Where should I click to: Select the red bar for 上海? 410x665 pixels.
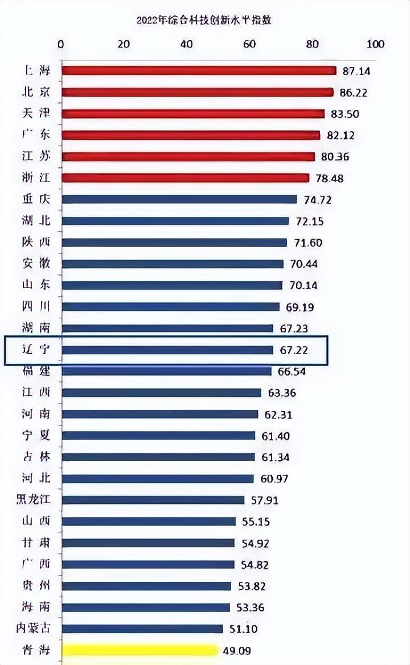199,71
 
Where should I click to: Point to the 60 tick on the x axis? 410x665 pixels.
249,44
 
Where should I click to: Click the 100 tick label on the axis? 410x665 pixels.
376,44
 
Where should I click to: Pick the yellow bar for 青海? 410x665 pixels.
140,650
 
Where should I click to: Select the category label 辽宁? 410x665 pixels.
35,350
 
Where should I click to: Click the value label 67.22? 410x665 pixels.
294,350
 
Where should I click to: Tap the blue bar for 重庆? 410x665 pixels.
179,199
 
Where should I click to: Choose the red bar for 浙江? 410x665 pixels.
185,178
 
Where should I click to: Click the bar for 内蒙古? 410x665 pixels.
142,629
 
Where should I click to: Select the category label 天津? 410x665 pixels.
35,113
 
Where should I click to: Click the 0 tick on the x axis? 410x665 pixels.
61,44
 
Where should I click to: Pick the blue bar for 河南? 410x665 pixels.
160,414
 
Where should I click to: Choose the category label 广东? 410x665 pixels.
35,135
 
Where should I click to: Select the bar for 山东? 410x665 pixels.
172,285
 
